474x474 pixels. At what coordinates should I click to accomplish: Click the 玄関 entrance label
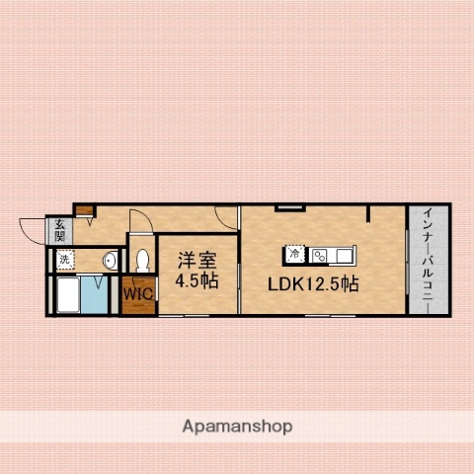(59, 230)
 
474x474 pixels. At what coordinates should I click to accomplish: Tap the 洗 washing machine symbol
(65, 260)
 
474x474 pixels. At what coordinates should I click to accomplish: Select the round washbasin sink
(110, 261)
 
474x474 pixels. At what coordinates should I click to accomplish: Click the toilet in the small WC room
(142, 261)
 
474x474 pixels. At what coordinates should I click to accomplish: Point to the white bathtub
(68, 294)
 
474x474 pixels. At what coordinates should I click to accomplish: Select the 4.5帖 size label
(197, 280)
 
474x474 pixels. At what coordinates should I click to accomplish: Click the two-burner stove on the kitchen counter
(320, 255)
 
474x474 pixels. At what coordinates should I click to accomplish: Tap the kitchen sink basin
(343, 255)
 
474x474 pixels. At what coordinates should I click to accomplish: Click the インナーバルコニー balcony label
(429, 259)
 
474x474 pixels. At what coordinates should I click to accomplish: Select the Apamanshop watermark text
(238, 427)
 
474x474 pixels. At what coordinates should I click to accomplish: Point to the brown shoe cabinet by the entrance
(85, 210)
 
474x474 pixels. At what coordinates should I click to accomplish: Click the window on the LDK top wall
(289, 207)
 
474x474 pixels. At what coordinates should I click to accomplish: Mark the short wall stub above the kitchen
(368, 213)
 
